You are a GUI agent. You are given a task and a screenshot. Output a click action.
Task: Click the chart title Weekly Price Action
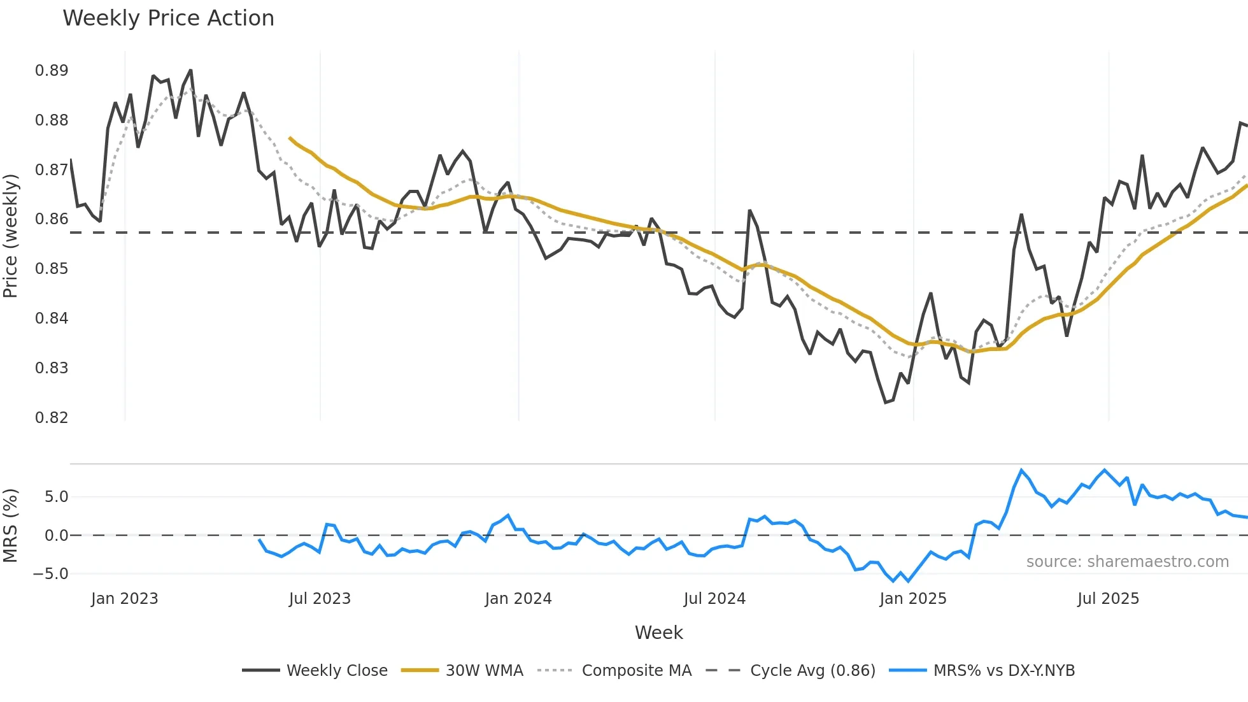point(168,18)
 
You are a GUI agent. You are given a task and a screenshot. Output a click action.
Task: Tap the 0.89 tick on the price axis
point(52,71)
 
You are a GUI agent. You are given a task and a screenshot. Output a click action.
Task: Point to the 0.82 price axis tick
point(52,418)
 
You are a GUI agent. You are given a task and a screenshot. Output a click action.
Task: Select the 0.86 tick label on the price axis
point(52,219)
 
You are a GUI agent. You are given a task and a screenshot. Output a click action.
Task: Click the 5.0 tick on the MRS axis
point(56,497)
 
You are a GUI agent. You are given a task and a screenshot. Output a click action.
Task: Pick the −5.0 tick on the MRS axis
point(51,574)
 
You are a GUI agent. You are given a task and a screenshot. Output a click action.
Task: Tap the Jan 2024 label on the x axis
point(518,599)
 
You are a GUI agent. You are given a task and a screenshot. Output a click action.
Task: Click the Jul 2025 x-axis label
point(1108,599)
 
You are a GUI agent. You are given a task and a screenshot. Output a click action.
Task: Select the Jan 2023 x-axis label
point(124,599)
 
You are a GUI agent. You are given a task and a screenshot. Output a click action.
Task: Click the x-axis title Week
point(658,633)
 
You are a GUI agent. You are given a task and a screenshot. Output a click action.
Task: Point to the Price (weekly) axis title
point(11,236)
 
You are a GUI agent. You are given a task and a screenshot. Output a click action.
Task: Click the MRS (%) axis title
point(11,526)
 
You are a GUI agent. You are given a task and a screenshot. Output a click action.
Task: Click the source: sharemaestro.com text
point(1127,562)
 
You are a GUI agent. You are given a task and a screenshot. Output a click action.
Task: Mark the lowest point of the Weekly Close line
point(886,403)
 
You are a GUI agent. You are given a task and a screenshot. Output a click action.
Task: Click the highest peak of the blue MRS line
point(1021,470)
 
